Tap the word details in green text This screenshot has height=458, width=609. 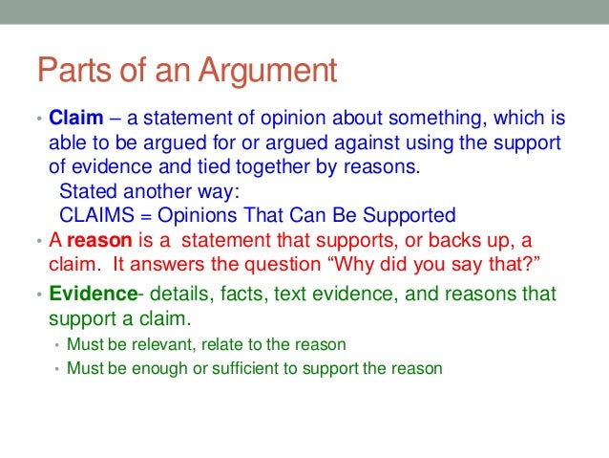[178, 294]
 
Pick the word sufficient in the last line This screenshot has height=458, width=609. [237, 367]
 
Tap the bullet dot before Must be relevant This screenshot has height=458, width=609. [57, 344]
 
